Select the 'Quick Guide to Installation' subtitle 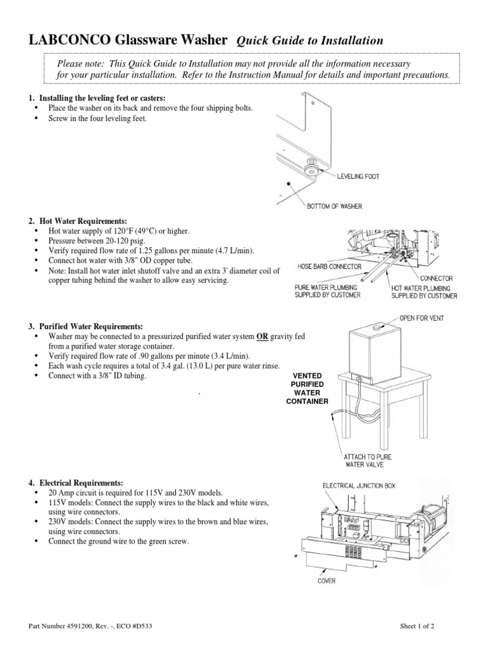pos(309,41)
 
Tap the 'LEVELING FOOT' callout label pos(358,177)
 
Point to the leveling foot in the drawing pos(312,171)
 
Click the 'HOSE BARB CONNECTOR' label pos(330,267)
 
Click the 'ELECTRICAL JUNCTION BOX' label pos(359,485)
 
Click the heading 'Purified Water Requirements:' pos(89,326)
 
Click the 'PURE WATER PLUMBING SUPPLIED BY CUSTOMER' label pos(327,290)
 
